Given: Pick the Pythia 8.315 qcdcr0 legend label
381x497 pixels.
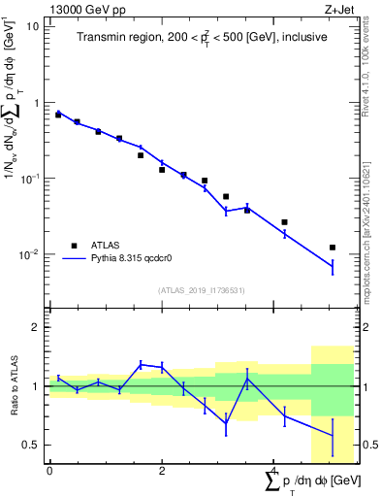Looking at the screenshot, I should click(131, 259).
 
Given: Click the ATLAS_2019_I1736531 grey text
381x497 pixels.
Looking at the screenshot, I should click(202, 290).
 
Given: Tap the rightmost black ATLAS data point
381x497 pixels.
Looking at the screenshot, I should click(333, 248).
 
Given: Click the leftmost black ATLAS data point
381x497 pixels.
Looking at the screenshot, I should click(58, 115).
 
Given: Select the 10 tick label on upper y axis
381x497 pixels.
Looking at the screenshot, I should click(32, 26).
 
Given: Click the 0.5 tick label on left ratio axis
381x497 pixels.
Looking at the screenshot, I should click(30, 445).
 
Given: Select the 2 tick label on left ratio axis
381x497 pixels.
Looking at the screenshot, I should click(35, 327).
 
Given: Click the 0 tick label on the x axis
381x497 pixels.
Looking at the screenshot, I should click(49, 470).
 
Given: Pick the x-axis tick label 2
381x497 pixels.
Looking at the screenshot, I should click(162, 470).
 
